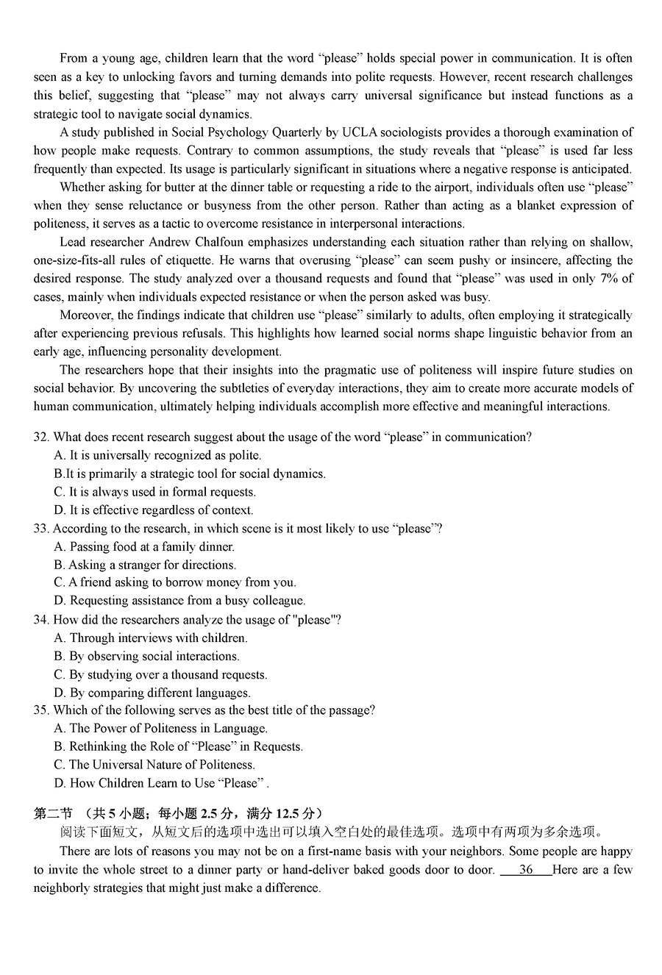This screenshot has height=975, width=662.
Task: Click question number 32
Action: point(41,438)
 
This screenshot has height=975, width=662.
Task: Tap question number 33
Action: point(41,529)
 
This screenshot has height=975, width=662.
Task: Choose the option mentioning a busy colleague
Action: point(179,601)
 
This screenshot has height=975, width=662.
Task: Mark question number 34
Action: point(41,620)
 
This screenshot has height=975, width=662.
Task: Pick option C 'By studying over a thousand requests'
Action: point(160,675)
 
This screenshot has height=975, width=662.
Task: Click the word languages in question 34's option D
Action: point(223,693)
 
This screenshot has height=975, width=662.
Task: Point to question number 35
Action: point(41,710)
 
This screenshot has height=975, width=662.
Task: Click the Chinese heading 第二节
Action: point(53,813)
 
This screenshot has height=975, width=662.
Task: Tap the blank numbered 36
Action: point(525,870)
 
